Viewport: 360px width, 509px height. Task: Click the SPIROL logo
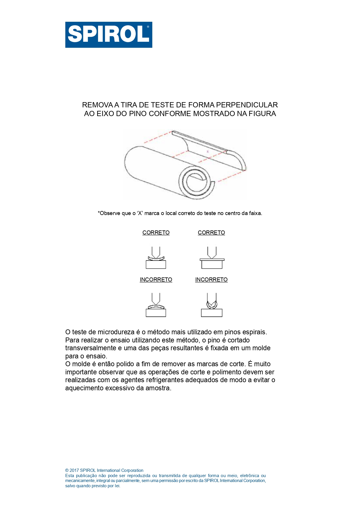[x=108, y=35]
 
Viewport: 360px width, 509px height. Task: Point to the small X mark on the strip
[x=207, y=151]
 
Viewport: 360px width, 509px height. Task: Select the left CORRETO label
[x=156, y=232]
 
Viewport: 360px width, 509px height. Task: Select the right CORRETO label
[x=211, y=232]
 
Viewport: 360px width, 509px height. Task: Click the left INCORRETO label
[x=156, y=279]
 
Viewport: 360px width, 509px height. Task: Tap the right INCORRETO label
[x=211, y=279]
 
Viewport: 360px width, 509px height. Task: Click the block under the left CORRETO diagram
[x=156, y=264]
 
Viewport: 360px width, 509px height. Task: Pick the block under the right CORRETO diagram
[x=212, y=264]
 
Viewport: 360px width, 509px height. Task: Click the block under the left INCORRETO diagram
[x=156, y=313]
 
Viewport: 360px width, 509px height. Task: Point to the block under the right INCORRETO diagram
[x=212, y=313]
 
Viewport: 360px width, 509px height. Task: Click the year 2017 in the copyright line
[x=74, y=470]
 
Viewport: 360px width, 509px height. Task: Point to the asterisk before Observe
[x=99, y=213]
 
